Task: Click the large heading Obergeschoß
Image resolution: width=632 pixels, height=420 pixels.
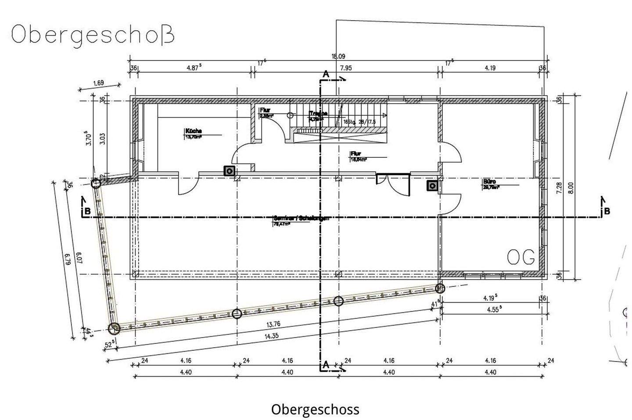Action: pyautogui.click(x=93, y=34)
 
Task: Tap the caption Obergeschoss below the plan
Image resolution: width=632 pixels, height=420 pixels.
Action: pyautogui.click(x=315, y=409)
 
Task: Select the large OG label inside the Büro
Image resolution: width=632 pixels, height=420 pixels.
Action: pyautogui.click(x=521, y=257)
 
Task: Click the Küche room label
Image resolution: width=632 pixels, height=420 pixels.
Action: pyautogui.click(x=193, y=131)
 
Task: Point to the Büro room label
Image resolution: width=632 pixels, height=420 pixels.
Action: pyautogui.click(x=489, y=181)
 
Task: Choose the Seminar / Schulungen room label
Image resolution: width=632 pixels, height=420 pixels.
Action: pyautogui.click(x=301, y=218)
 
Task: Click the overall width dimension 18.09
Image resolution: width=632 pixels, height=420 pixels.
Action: pyautogui.click(x=338, y=57)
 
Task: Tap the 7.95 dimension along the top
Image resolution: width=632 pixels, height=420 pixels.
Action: pyautogui.click(x=345, y=68)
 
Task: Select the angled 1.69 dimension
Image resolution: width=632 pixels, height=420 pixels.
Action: pyautogui.click(x=98, y=83)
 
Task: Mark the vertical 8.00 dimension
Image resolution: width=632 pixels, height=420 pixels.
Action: pyautogui.click(x=571, y=188)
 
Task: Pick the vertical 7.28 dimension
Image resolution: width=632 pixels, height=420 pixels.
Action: pyautogui.click(x=559, y=188)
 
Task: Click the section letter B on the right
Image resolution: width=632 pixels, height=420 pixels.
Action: pyautogui.click(x=607, y=212)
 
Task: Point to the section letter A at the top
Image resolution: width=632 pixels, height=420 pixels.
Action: pyautogui.click(x=326, y=75)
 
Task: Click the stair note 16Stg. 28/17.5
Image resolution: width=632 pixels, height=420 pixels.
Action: pyautogui.click(x=359, y=122)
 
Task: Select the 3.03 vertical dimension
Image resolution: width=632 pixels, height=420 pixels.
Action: pyautogui.click(x=102, y=139)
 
